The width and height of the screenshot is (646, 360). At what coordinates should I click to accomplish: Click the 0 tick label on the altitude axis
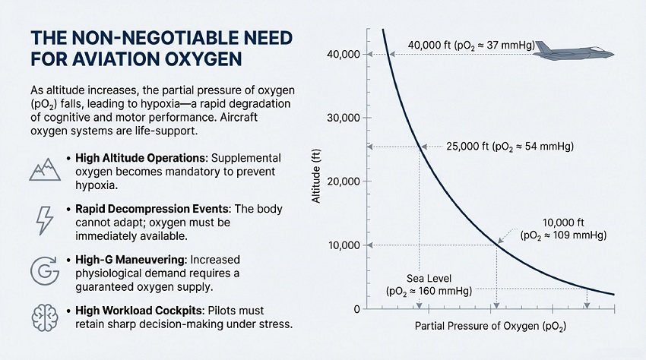point(355,309)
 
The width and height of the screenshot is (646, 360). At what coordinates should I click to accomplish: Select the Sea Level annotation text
point(429,284)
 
